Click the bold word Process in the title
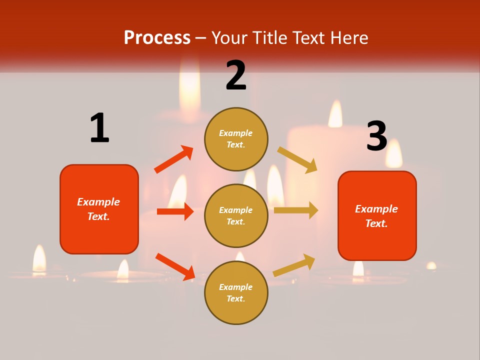(x=157, y=38)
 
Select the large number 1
(x=99, y=128)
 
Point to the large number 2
(x=236, y=75)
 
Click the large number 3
(x=376, y=136)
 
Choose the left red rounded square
(x=99, y=209)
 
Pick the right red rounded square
(x=377, y=215)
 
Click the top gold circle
(x=236, y=138)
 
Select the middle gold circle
(x=236, y=215)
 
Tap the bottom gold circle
(x=236, y=292)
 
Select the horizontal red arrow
(x=175, y=211)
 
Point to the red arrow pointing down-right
(x=175, y=266)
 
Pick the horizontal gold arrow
(x=296, y=210)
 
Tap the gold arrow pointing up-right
(x=294, y=265)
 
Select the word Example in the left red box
(x=98, y=202)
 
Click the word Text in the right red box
(x=375, y=223)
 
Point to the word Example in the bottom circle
(x=236, y=287)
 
